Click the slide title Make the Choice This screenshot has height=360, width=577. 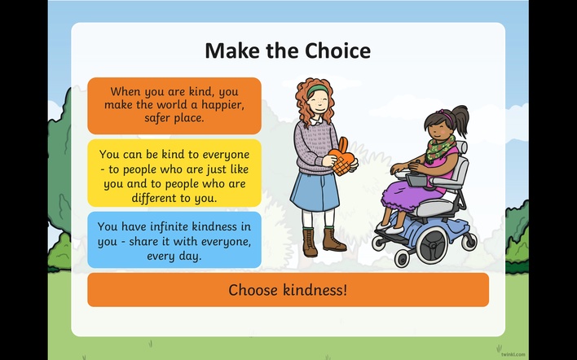pyautogui.click(x=288, y=50)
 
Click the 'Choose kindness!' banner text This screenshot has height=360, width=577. pyautogui.click(x=288, y=290)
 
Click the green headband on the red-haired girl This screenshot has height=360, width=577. pyautogui.click(x=317, y=90)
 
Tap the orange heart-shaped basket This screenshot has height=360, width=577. pyautogui.click(x=342, y=156)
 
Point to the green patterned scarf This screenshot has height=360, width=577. pyautogui.click(x=439, y=148)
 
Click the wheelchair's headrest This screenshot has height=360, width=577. pyautogui.click(x=462, y=147)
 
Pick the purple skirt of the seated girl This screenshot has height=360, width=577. pyautogui.click(x=407, y=195)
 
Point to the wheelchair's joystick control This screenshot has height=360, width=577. pyautogui.click(x=418, y=162)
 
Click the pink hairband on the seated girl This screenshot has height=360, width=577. pyautogui.click(x=447, y=116)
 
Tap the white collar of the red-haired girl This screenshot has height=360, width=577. pyautogui.click(x=315, y=121)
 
